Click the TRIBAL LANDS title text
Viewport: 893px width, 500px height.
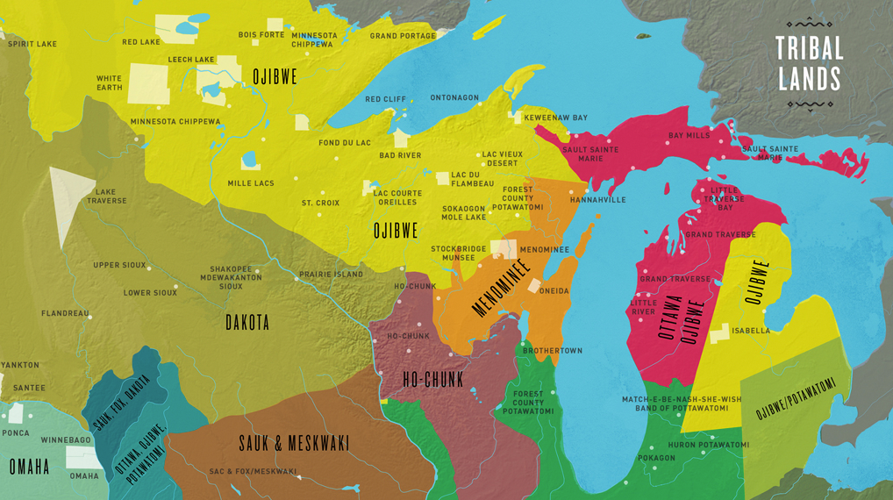click(809, 63)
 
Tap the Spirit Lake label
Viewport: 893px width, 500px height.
click(32, 43)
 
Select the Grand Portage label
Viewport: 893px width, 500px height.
click(403, 36)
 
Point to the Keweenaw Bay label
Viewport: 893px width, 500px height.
click(555, 118)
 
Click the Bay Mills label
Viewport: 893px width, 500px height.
click(689, 136)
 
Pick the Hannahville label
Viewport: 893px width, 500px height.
click(597, 200)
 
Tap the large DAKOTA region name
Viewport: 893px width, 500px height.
click(247, 323)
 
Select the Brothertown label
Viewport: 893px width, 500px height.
click(552, 351)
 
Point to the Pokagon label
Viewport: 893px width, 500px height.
click(656, 458)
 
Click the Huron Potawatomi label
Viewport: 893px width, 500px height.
click(709, 445)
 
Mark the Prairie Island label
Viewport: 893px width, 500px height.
click(331, 275)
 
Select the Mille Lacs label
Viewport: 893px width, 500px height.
click(251, 183)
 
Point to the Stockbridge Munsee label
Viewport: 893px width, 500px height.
click(458, 254)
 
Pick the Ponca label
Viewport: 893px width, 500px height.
click(16, 433)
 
